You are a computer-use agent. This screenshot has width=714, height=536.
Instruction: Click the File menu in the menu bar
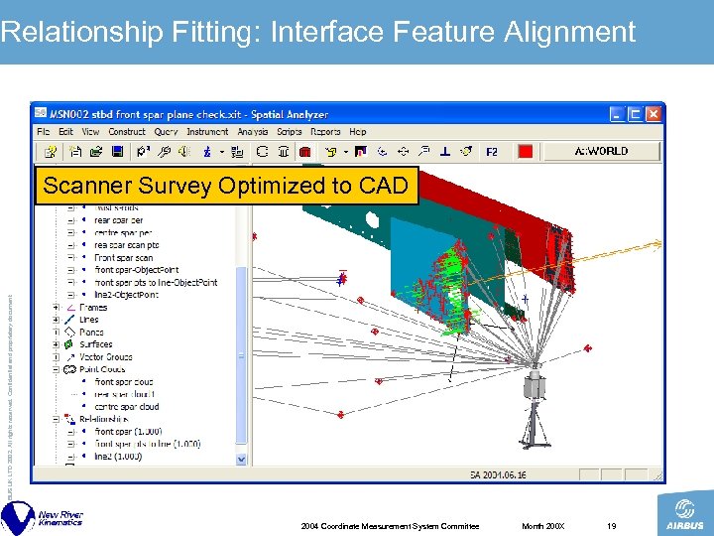[x=44, y=132]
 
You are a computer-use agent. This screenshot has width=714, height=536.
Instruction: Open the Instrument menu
[x=207, y=132]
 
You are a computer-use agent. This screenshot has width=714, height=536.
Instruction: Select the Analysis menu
[x=252, y=132]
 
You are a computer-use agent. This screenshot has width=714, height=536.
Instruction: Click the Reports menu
[x=325, y=132]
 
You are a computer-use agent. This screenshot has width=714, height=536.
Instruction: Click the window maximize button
[x=635, y=114]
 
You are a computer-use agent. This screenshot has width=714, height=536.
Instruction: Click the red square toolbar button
[x=525, y=152]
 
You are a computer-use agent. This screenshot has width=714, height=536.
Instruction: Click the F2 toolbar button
[x=492, y=152]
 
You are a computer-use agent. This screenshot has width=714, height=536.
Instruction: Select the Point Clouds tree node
[x=104, y=369]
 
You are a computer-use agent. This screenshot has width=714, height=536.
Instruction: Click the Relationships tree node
[x=107, y=419]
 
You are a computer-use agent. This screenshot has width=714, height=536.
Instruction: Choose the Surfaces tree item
[x=96, y=344]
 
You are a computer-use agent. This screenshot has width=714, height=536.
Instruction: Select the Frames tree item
[x=93, y=308]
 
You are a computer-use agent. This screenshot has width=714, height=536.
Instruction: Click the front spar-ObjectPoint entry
[x=138, y=270]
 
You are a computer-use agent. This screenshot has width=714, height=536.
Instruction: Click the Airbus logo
[x=684, y=516]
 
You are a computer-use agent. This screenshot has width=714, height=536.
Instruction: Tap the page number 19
[x=612, y=525]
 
